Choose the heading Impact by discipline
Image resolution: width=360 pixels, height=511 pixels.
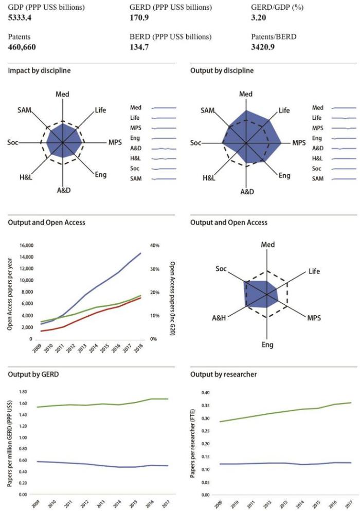click(x=40, y=70)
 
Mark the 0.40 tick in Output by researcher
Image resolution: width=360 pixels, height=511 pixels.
click(x=205, y=392)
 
